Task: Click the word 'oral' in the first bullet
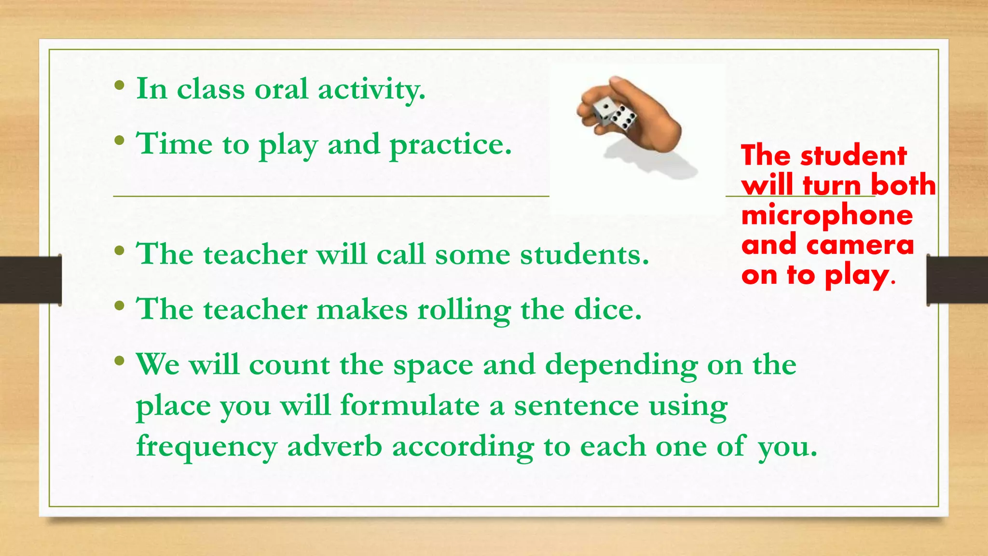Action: pos(281,89)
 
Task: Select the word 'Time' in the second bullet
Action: pos(174,144)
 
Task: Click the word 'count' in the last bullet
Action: pos(289,364)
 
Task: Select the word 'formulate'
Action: pos(410,405)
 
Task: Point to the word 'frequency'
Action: pos(206,446)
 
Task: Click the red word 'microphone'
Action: pos(827,215)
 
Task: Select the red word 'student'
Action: pos(853,156)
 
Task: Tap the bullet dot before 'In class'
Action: pos(120,87)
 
